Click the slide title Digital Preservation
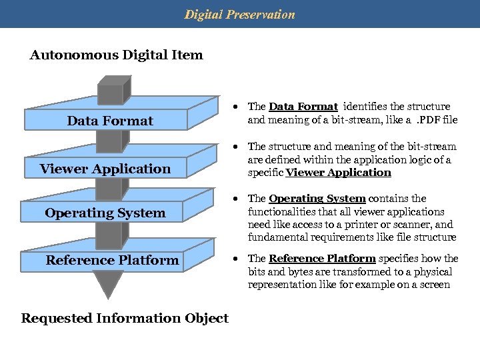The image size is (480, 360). (239, 14)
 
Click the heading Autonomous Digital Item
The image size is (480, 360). (116, 55)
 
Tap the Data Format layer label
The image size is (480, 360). (110, 121)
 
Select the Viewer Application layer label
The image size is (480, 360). (105, 169)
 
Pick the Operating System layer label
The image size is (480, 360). (105, 213)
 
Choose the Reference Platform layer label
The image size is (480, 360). (112, 260)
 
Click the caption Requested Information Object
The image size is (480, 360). (125, 318)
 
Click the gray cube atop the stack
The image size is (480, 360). (113, 86)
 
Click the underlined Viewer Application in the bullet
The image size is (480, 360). (338, 173)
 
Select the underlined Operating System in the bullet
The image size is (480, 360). (317, 199)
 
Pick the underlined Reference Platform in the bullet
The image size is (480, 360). (322, 259)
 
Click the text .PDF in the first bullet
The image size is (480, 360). (427, 121)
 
